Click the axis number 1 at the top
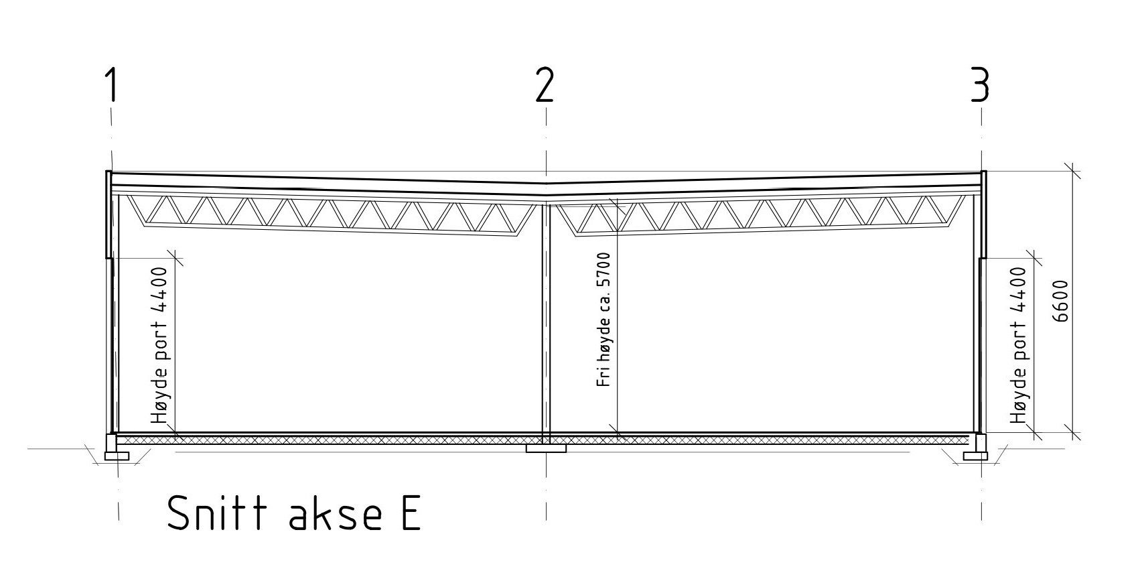pyautogui.click(x=111, y=85)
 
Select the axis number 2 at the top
pyautogui.click(x=545, y=85)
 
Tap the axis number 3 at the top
pyautogui.click(x=980, y=85)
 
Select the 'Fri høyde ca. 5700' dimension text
pyautogui.click(x=604, y=320)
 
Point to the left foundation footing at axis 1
pyautogui.click(x=117, y=456)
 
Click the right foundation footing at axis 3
pyautogui.click(x=976, y=456)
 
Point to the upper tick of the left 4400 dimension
pyautogui.click(x=175, y=257)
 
